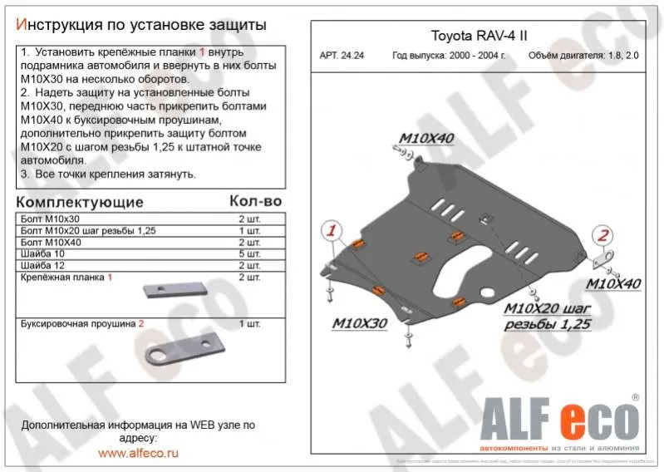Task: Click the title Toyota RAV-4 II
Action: point(478,37)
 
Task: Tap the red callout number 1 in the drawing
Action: point(331,230)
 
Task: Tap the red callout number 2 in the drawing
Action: point(604,234)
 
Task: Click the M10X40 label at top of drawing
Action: point(426,138)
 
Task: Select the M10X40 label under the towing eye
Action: point(613,283)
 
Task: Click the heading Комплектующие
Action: point(80,202)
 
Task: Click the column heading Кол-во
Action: point(254,202)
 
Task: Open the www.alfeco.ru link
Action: point(138,453)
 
